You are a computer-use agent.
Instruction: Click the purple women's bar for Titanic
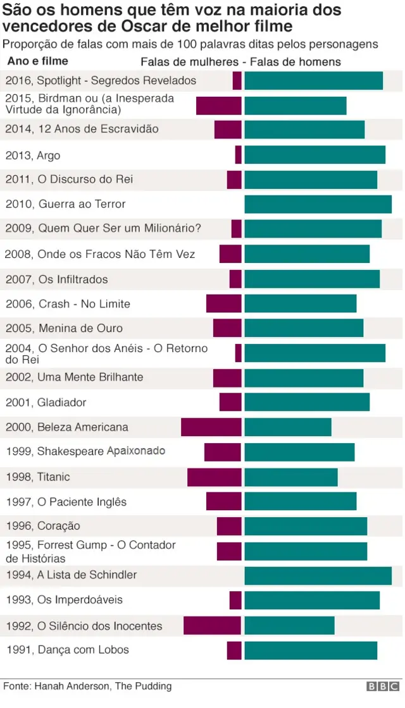click(x=214, y=477)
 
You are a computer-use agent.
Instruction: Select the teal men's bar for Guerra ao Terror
click(x=318, y=204)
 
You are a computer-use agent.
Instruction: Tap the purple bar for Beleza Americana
click(x=211, y=427)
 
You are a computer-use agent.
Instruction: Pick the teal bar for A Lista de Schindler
click(x=318, y=575)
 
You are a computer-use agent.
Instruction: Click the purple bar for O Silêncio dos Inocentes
click(x=212, y=626)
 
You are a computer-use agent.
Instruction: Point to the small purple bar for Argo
click(x=238, y=155)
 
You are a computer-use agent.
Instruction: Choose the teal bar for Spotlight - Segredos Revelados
click(x=313, y=81)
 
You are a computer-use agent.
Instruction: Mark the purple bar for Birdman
click(x=218, y=106)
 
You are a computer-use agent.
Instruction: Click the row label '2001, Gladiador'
click(x=46, y=402)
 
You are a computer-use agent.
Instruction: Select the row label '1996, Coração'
click(x=43, y=526)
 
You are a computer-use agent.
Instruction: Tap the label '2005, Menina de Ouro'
click(x=64, y=328)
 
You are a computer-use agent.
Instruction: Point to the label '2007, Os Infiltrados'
click(x=57, y=279)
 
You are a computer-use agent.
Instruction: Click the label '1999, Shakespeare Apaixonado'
click(x=85, y=451)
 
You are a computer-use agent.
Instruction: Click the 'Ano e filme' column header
click(x=38, y=61)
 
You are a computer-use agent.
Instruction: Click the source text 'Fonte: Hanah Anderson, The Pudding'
click(x=87, y=686)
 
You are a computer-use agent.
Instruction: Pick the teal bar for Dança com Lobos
click(x=311, y=650)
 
